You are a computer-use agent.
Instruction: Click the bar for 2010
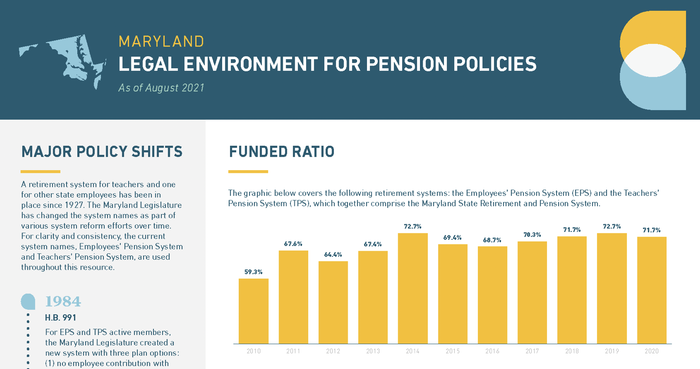[253, 311]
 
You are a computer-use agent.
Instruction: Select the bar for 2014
[413, 288]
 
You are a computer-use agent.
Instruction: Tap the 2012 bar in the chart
[333, 302]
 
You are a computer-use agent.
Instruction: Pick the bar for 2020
[651, 290]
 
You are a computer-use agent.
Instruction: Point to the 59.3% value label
[253, 272]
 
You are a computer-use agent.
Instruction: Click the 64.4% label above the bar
[333, 255]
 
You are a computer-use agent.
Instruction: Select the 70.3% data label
[532, 235]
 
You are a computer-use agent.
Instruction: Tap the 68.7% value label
[492, 240]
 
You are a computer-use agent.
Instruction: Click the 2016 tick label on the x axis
[492, 351]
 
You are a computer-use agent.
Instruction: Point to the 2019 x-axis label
[612, 351]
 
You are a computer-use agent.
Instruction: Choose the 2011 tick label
[293, 351]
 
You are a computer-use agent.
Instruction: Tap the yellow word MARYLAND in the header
[161, 42]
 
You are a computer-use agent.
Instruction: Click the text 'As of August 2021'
[161, 88]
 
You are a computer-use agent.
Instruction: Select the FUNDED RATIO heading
[282, 152]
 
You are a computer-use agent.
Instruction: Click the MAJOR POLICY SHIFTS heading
[102, 152]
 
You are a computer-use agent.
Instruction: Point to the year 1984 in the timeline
[63, 302]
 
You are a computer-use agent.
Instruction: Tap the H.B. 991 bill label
[60, 318]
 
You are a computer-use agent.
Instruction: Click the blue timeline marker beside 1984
[28, 301]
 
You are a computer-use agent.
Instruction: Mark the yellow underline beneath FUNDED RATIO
[248, 172]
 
